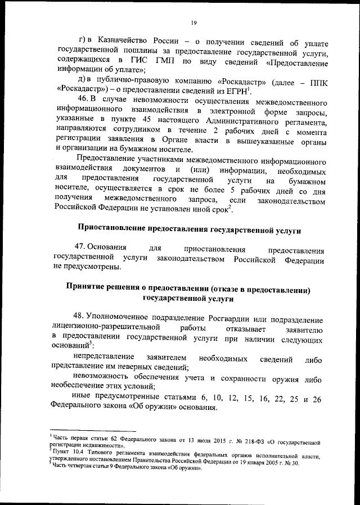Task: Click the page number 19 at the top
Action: [193, 22]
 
